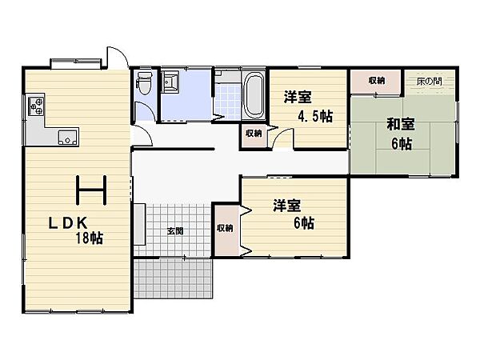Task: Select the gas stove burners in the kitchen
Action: [x=36, y=106]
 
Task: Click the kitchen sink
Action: [x=68, y=137]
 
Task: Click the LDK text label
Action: [x=68, y=223]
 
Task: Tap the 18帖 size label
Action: [x=89, y=238]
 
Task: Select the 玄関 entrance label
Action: [x=175, y=231]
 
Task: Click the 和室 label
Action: [x=401, y=124]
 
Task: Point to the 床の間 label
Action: [x=429, y=81]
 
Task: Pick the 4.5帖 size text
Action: [x=315, y=117]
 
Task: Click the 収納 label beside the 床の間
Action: [x=377, y=81]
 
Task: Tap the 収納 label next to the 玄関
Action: [x=225, y=228]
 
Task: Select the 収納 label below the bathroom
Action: [x=254, y=134]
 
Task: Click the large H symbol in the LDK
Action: [x=91, y=190]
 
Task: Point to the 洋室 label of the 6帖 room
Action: [x=287, y=206]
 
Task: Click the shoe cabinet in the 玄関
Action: [x=139, y=224]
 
